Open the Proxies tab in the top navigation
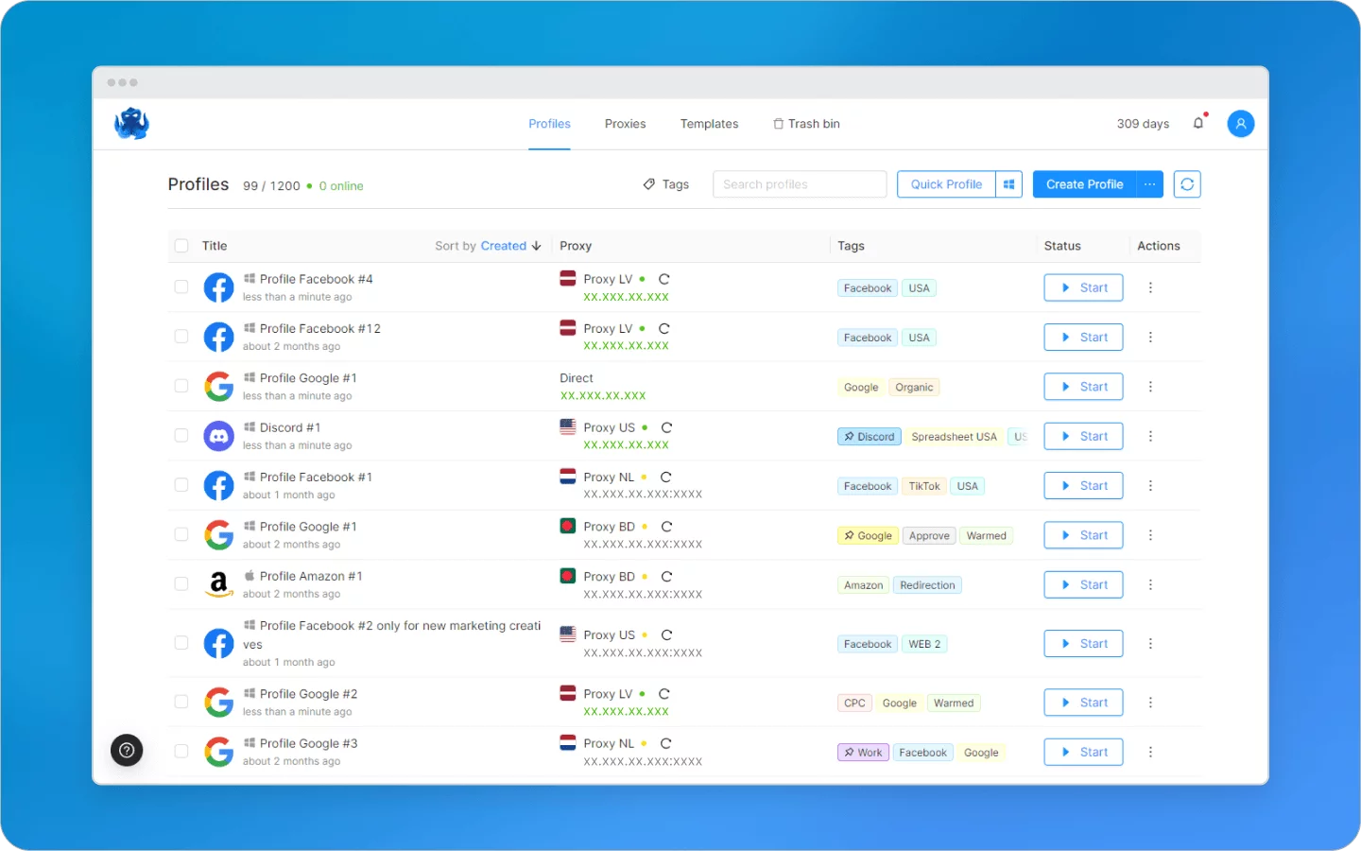[625, 124]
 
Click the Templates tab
[709, 124]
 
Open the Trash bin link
[806, 124]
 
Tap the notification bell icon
[1198, 123]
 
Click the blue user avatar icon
[1240, 124]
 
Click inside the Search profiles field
[799, 184]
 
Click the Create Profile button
[1084, 184]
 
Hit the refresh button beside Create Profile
[1187, 184]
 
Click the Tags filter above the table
[666, 184]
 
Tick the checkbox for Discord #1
[181, 436]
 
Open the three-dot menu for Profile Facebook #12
[1150, 338]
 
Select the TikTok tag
[923, 486]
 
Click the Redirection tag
[927, 585]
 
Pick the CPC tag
[854, 703]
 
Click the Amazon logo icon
[219, 584]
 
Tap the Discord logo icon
[219, 436]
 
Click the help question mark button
[127, 751]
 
